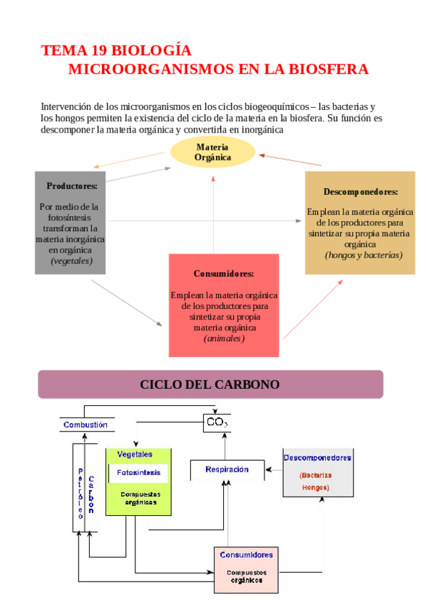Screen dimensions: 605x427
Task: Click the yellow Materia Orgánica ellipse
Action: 212,152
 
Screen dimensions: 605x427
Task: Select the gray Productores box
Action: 70,223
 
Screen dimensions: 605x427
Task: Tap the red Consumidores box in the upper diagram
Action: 223,305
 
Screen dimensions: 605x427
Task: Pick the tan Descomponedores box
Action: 360,223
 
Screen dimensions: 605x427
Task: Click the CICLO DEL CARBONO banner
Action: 210,385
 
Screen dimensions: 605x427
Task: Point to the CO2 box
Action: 217,423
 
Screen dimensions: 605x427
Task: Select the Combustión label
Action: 86,424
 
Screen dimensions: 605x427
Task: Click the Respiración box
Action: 227,469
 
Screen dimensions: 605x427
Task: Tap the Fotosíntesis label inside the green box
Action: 138,472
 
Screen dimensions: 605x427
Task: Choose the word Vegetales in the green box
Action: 135,454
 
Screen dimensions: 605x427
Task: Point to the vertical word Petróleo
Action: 81,492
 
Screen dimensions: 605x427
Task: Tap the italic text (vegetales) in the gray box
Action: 71,261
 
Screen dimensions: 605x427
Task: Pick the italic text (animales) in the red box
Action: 224,338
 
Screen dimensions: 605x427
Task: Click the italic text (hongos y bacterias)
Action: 364,255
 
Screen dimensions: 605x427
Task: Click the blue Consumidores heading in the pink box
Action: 246,554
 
